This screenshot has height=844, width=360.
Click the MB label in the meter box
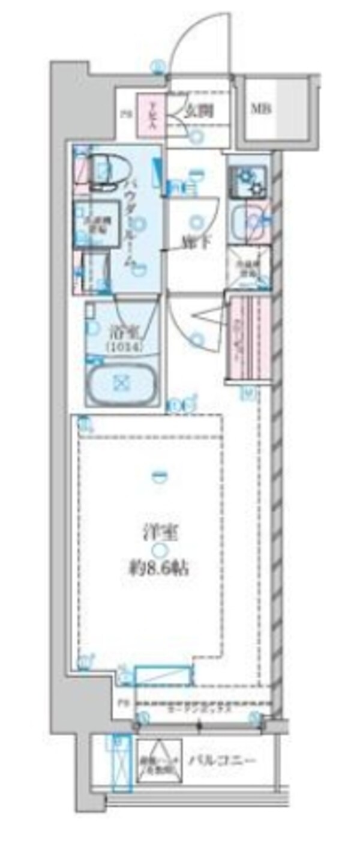click(260, 109)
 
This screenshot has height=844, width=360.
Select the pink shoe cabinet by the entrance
click(148, 113)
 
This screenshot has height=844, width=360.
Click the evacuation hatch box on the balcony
click(158, 760)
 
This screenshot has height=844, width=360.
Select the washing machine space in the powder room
click(90, 223)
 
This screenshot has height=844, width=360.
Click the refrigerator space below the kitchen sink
click(248, 264)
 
